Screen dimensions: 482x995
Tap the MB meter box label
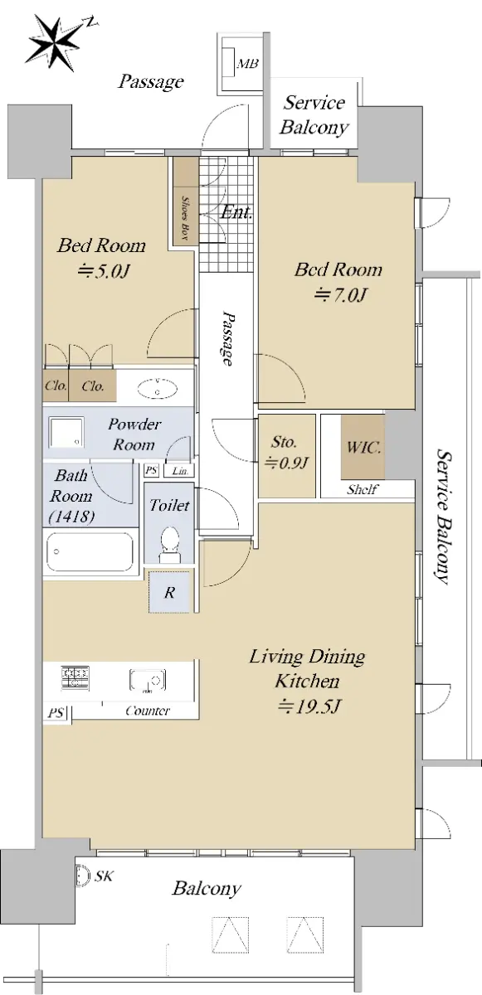(x=247, y=64)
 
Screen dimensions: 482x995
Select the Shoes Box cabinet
(x=185, y=201)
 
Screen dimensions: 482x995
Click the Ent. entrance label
(x=236, y=212)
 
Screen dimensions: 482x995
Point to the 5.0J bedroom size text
(x=104, y=270)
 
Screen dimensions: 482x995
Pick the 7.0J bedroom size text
(x=340, y=294)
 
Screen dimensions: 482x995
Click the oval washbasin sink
(x=158, y=389)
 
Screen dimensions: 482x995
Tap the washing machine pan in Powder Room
(x=66, y=433)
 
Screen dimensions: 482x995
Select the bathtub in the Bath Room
(x=90, y=552)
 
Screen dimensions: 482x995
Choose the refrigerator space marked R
(x=169, y=592)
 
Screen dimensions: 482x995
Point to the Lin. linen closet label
(x=180, y=471)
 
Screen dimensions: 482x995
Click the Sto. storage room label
(x=284, y=442)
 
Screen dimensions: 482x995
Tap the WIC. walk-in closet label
(x=363, y=447)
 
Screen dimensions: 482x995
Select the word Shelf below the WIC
(x=363, y=489)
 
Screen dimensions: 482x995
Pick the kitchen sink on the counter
(x=148, y=681)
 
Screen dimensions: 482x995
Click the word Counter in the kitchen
(x=148, y=711)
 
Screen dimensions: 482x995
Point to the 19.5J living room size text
(x=309, y=706)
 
